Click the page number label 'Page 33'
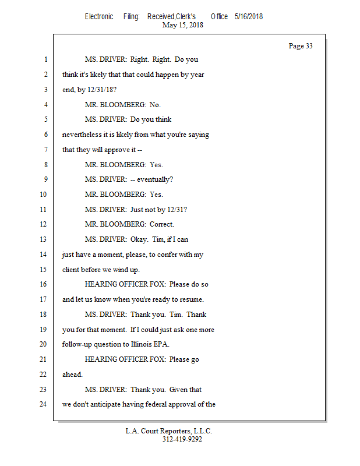[x=301, y=47]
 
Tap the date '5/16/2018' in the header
[x=249, y=17]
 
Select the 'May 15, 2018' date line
[x=183, y=25]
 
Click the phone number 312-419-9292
[x=182, y=439]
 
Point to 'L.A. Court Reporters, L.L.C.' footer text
[x=169, y=431]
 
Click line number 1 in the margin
[x=45, y=59]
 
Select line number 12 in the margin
[x=43, y=224]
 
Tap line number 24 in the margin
[x=43, y=404]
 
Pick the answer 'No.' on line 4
[x=155, y=105]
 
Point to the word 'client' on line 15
[x=71, y=269]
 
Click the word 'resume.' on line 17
[x=191, y=299]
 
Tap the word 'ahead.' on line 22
[x=72, y=375]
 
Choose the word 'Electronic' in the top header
[x=99, y=17]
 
